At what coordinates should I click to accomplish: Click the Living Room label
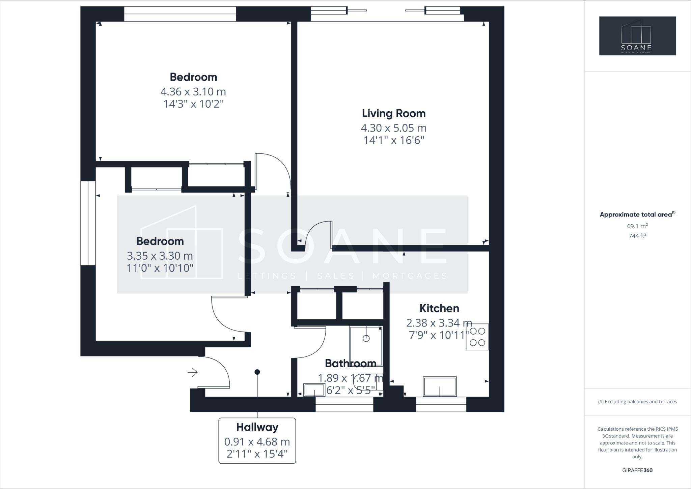[x=393, y=113]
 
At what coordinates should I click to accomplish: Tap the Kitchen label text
[x=439, y=308]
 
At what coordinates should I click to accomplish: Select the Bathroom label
[x=350, y=363]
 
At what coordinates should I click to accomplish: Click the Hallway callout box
[x=257, y=440]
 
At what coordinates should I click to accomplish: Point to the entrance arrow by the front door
[x=193, y=372]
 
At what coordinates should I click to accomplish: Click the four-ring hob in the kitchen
[x=477, y=337]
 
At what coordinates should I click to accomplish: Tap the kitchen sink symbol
[x=440, y=386]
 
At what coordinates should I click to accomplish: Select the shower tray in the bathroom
[x=366, y=346]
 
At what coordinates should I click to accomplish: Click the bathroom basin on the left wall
[x=314, y=390]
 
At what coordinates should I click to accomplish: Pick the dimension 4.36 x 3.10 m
[x=193, y=92]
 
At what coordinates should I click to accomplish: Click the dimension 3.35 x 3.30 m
[x=160, y=256]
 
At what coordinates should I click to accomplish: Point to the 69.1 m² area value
[x=637, y=226]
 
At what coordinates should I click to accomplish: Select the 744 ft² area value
[x=637, y=236]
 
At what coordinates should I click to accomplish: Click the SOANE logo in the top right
[x=637, y=36]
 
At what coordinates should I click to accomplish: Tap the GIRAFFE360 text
[x=637, y=470]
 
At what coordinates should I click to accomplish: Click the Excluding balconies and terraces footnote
[x=637, y=402]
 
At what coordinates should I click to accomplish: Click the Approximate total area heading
[x=637, y=214]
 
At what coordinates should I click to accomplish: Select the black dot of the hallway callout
[x=257, y=372]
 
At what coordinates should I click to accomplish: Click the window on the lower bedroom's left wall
[x=88, y=223]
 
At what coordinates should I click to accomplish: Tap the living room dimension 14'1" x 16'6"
[x=393, y=140]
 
